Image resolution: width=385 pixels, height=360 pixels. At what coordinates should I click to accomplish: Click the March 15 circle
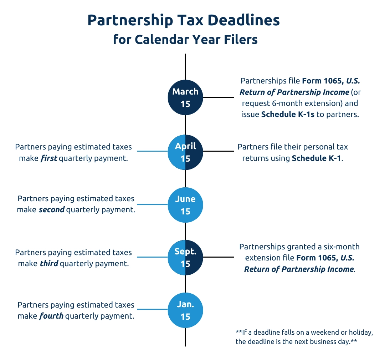[x=185, y=97]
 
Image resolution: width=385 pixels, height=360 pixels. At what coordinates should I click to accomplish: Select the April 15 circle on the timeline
[x=185, y=152]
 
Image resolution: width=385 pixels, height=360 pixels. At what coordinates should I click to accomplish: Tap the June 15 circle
[x=185, y=205]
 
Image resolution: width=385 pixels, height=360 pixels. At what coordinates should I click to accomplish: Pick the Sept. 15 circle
[x=185, y=257]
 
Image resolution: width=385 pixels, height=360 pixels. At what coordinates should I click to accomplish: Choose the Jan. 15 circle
[x=185, y=310]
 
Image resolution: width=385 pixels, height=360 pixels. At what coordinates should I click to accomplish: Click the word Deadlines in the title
[x=243, y=20]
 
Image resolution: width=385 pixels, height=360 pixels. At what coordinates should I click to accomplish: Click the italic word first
[x=49, y=158]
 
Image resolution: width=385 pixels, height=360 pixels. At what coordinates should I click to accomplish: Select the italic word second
[x=52, y=209]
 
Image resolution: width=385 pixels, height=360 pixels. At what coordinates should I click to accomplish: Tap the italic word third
[x=49, y=263]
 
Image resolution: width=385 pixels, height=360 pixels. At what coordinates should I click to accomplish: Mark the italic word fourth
[x=51, y=316]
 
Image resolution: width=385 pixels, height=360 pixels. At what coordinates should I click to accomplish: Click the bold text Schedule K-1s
[x=288, y=114]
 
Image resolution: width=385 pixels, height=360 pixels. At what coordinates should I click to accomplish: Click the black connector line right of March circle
[x=218, y=97]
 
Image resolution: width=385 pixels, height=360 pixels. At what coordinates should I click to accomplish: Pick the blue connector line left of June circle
[x=152, y=204]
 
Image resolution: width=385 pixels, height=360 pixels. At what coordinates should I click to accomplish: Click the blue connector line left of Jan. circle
[x=152, y=309]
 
